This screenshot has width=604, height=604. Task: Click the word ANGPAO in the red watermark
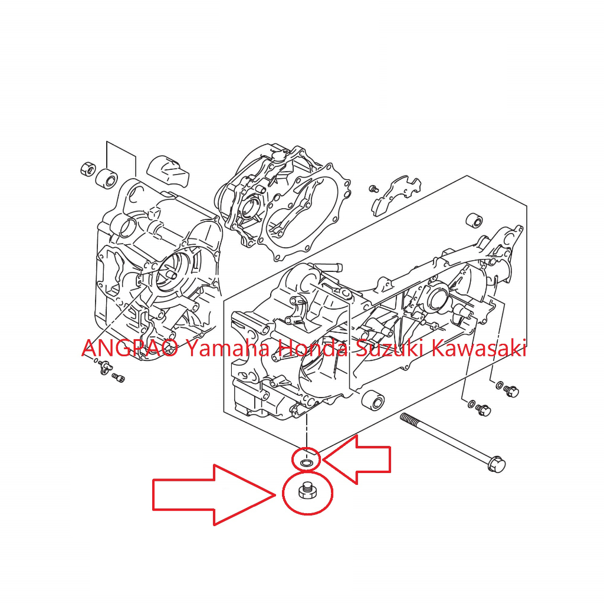[130, 348]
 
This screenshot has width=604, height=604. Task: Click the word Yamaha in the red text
[228, 348]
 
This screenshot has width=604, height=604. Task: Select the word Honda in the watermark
[313, 348]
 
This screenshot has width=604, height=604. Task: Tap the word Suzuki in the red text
[389, 348]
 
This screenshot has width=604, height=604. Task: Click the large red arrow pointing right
[214, 495]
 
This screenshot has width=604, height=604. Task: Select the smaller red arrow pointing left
[357, 459]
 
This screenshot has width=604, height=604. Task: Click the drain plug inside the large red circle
[307, 490]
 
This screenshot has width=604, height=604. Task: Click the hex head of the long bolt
[496, 464]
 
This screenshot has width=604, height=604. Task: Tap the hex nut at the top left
[88, 169]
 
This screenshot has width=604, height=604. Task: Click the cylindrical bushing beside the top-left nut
[106, 178]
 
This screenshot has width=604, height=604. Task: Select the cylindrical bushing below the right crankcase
[373, 401]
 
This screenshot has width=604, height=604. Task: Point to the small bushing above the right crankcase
[474, 220]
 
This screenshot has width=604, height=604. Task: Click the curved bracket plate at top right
[395, 196]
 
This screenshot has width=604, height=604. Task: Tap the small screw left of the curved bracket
[373, 189]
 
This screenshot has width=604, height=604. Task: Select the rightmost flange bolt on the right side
[511, 392]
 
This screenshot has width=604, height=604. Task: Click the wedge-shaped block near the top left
[168, 170]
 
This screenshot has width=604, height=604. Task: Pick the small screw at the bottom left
[118, 377]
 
